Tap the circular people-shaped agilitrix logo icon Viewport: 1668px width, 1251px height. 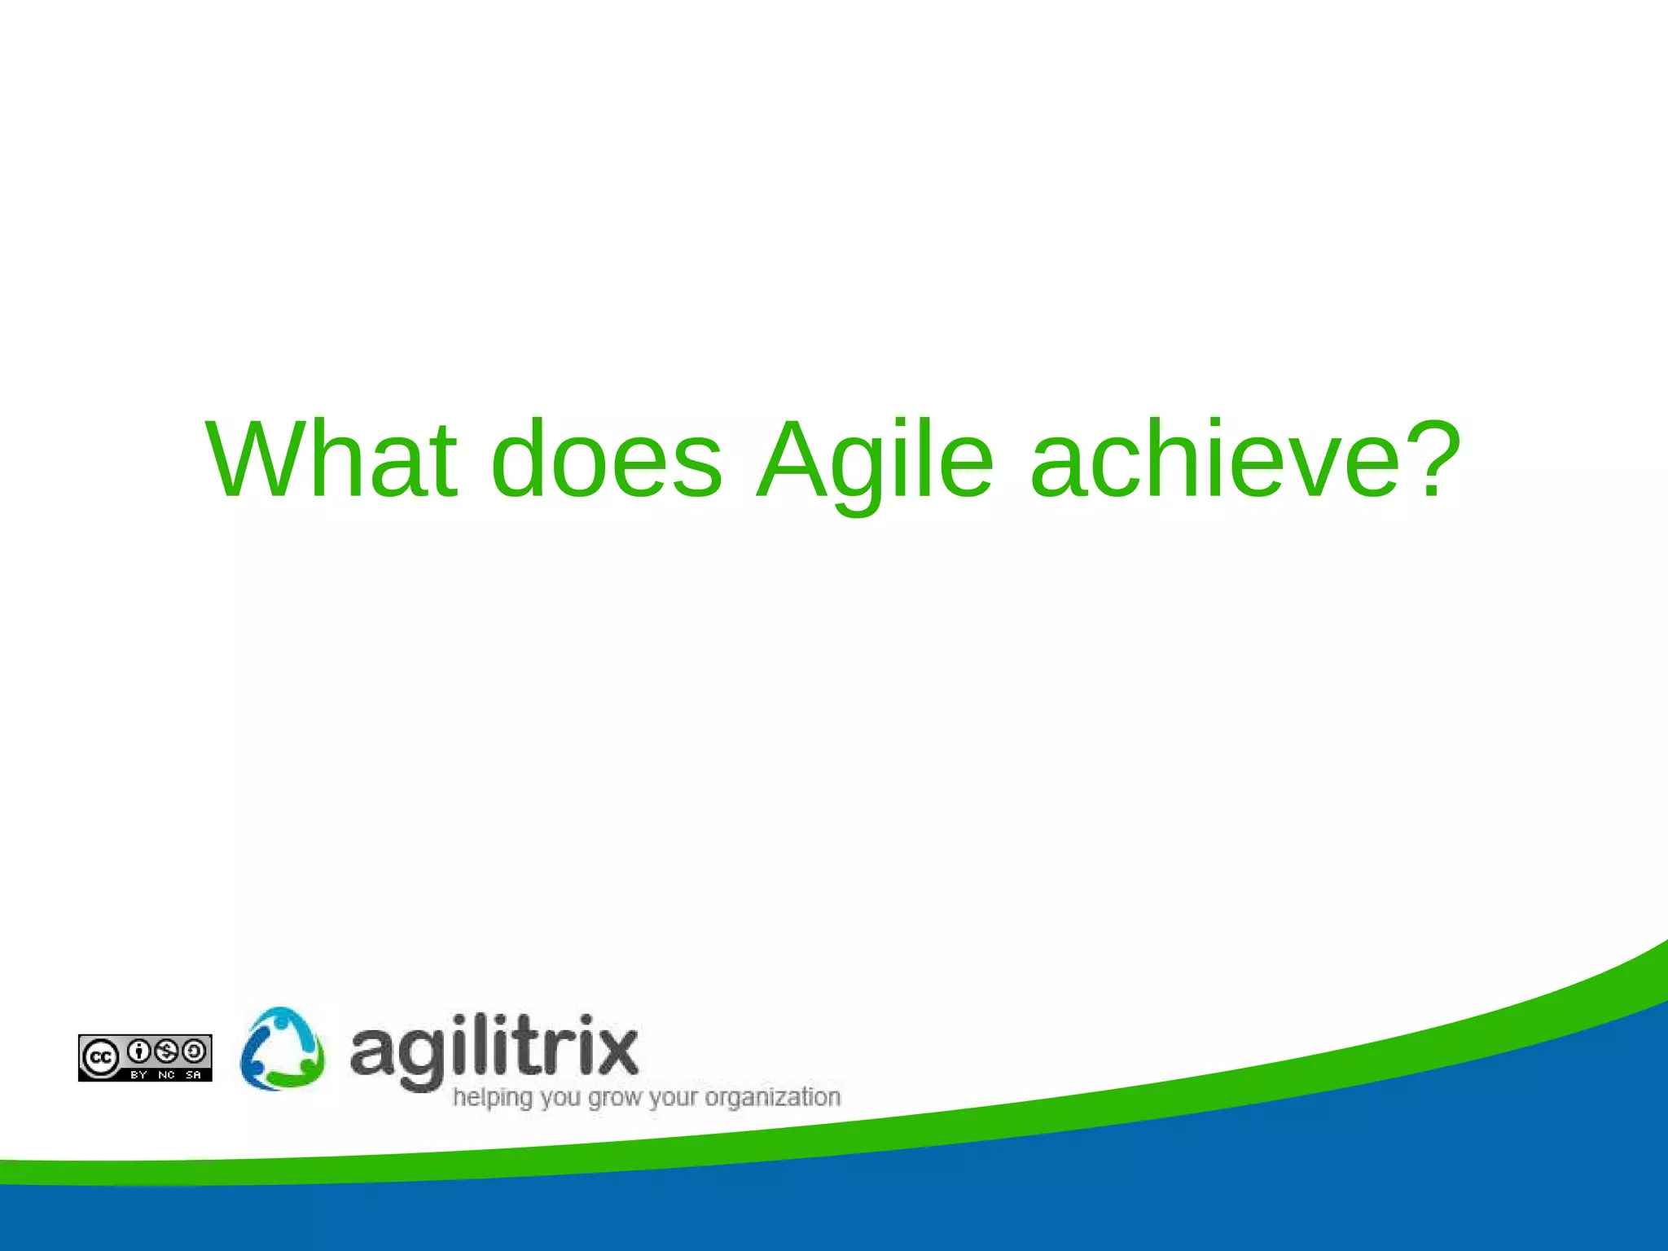click(x=282, y=1049)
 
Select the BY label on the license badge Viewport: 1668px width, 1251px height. click(x=138, y=1075)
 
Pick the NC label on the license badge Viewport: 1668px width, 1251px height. click(x=166, y=1075)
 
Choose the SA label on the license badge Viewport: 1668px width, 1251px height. click(x=193, y=1075)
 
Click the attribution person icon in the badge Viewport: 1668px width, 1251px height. click(x=139, y=1051)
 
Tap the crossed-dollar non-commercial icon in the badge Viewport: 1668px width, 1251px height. click(x=166, y=1051)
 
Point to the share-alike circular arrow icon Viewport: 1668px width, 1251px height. click(x=194, y=1051)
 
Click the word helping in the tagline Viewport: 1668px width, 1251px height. click(x=492, y=1098)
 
